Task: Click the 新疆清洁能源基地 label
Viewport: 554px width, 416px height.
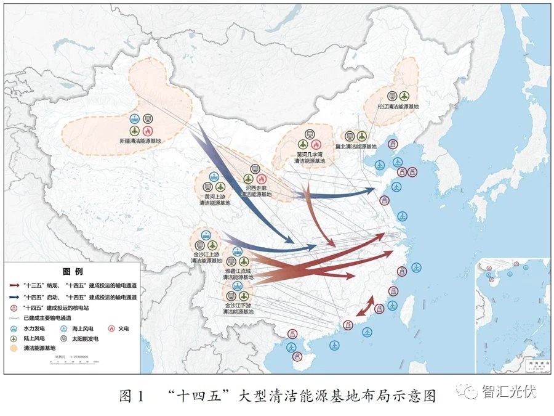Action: click(140, 141)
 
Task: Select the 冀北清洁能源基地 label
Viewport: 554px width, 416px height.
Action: click(356, 147)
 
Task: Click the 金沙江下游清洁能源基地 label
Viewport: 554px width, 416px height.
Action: click(238, 308)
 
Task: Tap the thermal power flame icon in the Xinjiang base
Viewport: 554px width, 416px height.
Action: click(148, 131)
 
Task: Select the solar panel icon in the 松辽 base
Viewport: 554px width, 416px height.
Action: click(392, 96)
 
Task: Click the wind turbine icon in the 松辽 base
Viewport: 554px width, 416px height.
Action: click(404, 96)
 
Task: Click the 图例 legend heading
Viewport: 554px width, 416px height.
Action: click(73, 271)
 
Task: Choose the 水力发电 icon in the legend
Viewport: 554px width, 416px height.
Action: click(14, 328)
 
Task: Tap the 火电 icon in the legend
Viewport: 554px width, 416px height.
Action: click(113, 328)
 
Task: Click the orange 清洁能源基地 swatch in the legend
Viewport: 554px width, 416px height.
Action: click(14, 348)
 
